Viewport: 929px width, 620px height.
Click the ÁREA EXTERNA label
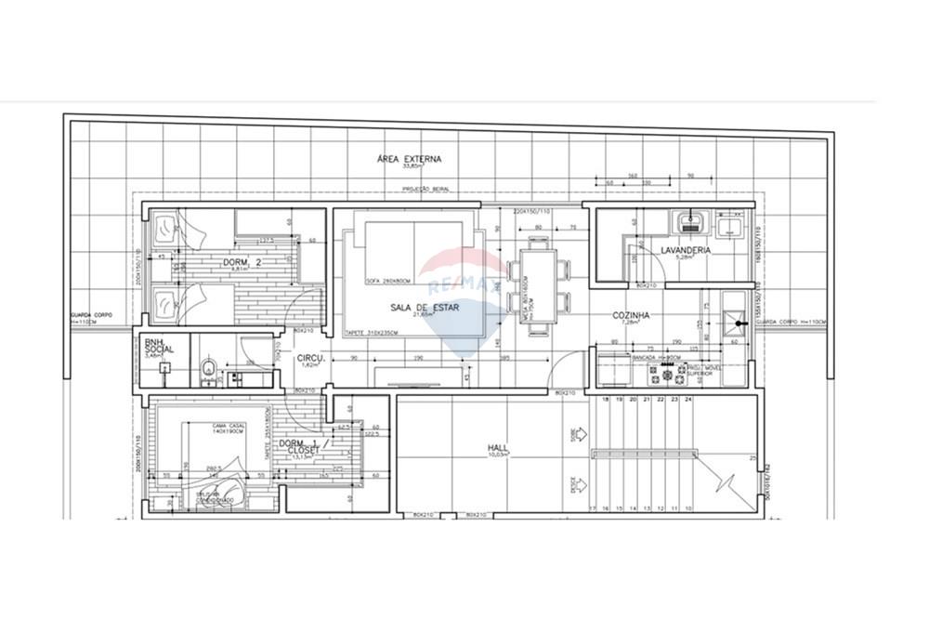(x=409, y=159)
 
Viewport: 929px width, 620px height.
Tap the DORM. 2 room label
(x=241, y=263)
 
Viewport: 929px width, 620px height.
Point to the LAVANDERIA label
(x=686, y=250)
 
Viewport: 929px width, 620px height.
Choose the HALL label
(x=497, y=447)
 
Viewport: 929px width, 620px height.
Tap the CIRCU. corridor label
(x=309, y=358)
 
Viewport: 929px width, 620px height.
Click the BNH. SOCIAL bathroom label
(x=154, y=347)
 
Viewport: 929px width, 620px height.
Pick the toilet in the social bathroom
(x=207, y=370)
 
